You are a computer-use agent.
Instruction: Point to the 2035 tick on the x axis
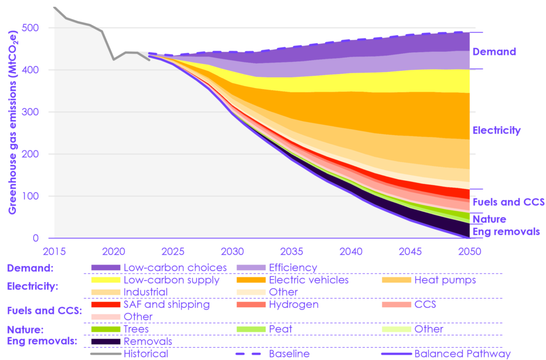pos(287,250)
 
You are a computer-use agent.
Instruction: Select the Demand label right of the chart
pos(494,52)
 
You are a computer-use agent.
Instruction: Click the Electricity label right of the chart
pos(496,130)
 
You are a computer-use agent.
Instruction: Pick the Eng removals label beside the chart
pos(506,231)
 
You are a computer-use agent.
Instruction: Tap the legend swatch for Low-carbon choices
pos(106,268)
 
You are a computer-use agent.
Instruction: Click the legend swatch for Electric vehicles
pos(251,280)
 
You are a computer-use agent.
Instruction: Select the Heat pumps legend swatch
pos(397,280)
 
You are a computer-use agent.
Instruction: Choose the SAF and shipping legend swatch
pos(106,305)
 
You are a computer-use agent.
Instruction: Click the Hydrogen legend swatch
pos(251,305)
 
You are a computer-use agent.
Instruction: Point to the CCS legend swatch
pos(397,305)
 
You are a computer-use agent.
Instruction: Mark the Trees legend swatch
pos(106,329)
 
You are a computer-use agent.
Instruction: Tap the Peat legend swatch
pos(251,329)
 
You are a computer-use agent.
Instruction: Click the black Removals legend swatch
pos(106,341)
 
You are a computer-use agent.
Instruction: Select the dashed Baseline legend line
pos(251,354)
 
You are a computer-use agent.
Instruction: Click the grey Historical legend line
pos(106,354)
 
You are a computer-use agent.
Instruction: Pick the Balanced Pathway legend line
pos(397,354)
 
